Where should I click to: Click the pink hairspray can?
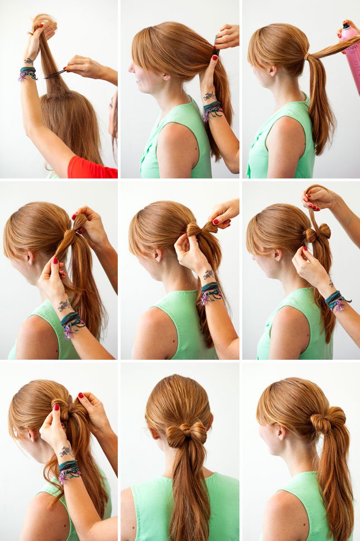pyautogui.click(x=351, y=53)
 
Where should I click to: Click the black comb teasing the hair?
pyautogui.click(x=55, y=74)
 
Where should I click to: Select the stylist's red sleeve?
pyautogui.click(x=92, y=167)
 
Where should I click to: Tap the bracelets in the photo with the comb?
pyautogui.click(x=28, y=73)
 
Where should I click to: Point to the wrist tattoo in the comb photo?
pyautogui.click(x=28, y=61)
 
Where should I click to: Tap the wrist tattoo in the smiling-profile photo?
pyautogui.click(x=209, y=96)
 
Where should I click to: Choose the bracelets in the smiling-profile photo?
pyautogui.click(x=212, y=110)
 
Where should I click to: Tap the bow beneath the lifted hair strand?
pyautogui.click(x=317, y=233)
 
